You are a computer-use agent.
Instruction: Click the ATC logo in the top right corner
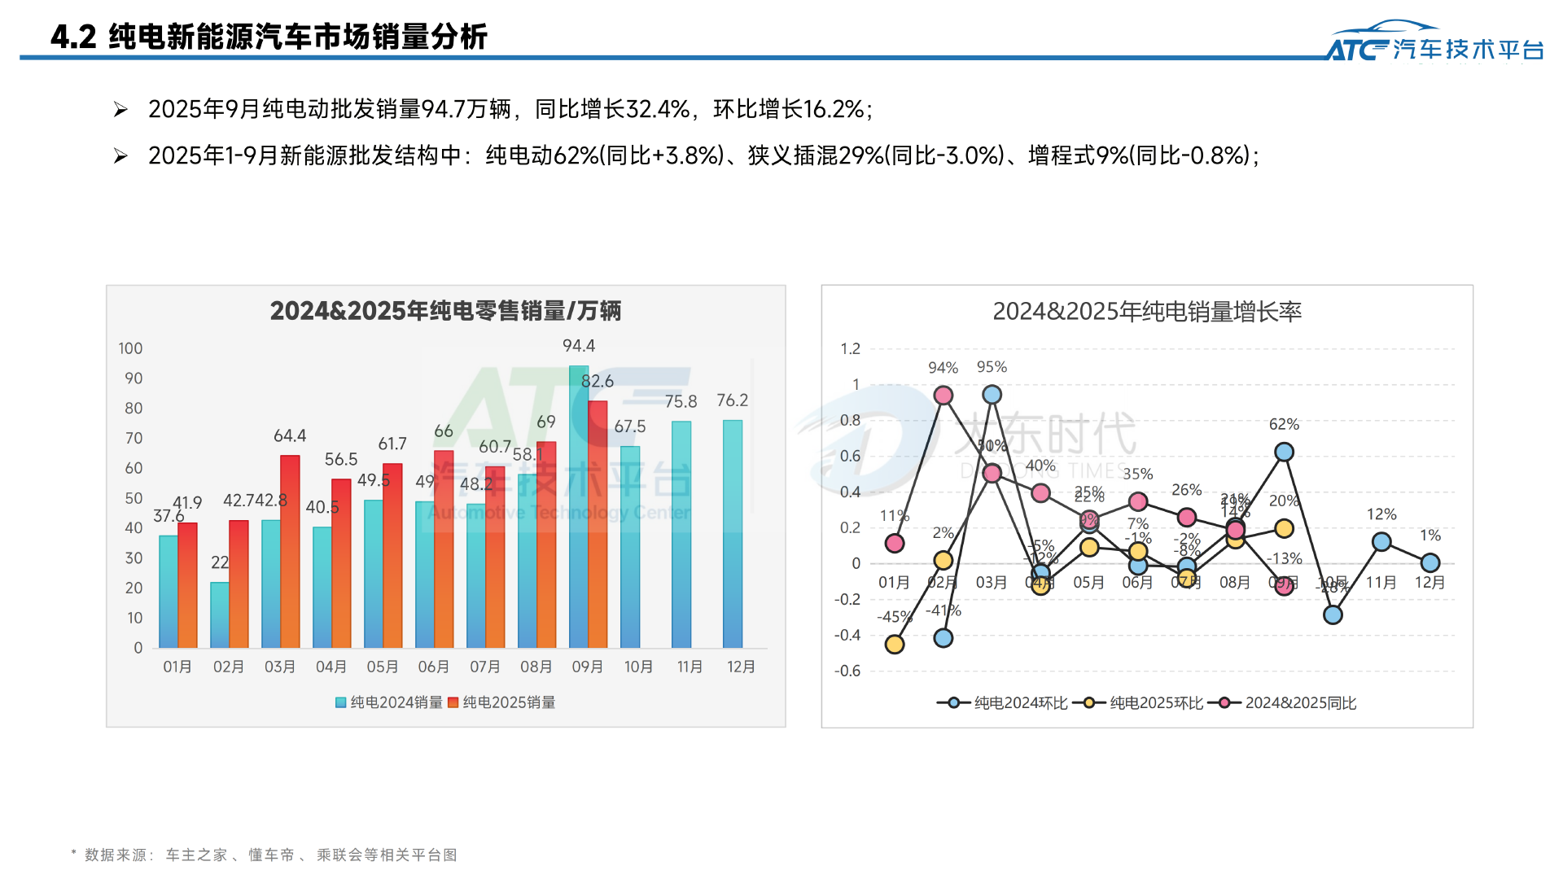[1434, 44]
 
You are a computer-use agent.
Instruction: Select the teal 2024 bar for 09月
[578, 505]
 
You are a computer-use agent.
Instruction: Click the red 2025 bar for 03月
[290, 553]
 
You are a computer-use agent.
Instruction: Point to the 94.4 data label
[579, 346]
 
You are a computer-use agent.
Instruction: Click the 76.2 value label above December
[732, 400]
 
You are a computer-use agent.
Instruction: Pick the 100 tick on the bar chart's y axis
[130, 348]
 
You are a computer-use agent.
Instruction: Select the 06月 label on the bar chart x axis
[433, 667]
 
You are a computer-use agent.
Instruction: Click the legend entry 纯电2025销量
[502, 702]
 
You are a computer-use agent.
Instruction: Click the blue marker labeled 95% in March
[992, 395]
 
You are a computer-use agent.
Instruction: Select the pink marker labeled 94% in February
[943, 396]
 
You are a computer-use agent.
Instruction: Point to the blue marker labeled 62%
[1284, 452]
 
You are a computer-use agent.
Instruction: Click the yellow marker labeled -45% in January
[895, 645]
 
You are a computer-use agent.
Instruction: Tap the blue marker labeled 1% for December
[1429, 562]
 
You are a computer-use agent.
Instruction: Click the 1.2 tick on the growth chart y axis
[850, 349]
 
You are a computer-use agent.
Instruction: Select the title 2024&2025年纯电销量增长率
[1146, 312]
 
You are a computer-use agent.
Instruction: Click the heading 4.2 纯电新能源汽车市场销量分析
[269, 37]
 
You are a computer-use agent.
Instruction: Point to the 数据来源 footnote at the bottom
[265, 855]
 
